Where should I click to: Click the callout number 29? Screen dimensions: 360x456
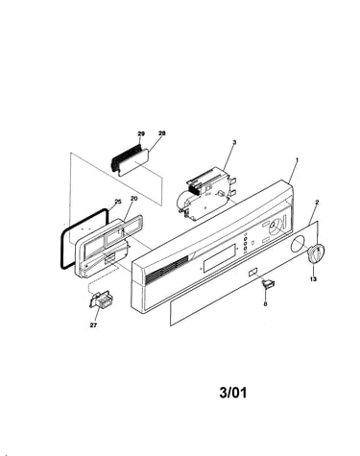click(x=141, y=133)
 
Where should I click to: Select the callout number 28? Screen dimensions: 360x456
click(x=162, y=133)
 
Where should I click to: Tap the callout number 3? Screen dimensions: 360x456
click(x=234, y=142)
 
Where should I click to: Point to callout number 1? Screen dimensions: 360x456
click(x=297, y=159)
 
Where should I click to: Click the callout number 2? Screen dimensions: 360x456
click(x=317, y=202)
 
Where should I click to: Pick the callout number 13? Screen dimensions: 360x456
click(x=313, y=279)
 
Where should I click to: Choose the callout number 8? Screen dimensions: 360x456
click(x=265, y=304)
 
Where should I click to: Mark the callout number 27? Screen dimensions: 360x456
click(x=93, y=325)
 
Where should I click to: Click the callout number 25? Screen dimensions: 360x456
click(x=118, y=202)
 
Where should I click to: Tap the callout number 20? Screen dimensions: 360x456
click(x=133, y=199)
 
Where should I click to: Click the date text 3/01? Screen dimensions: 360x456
click(x=233, y=393)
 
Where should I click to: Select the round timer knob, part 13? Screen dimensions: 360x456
click(x=316, y=253)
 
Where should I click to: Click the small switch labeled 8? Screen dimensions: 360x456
click(x=268, y=283)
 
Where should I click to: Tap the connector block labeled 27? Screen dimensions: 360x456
click(x=100, y=300)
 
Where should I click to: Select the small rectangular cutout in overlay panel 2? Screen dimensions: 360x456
click(x=252, y=272)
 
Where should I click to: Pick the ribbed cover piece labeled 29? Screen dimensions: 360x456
click(x=126, y=156)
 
